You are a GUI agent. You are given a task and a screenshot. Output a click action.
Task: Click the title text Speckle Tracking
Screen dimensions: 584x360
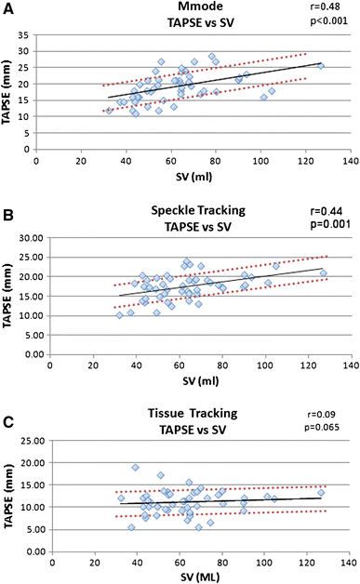click(x=178, y=212)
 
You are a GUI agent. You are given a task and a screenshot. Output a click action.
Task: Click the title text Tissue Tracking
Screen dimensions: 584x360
click(x=179, y=412)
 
